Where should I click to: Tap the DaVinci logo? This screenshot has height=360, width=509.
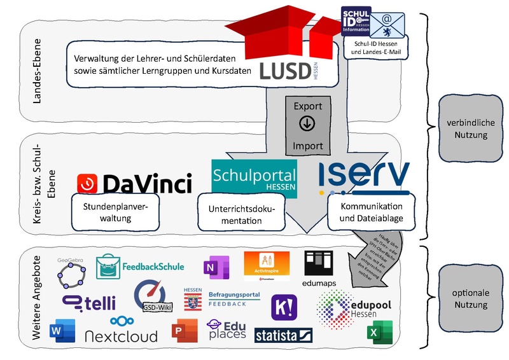point(134,183)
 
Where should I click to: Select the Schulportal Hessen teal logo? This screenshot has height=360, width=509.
point(254,178)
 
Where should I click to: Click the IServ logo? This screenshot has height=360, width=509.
point(363,177)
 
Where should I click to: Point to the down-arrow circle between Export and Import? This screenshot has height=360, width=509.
point(307,125)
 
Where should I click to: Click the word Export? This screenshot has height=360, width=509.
point(307,106)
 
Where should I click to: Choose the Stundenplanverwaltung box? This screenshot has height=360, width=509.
point(115,212)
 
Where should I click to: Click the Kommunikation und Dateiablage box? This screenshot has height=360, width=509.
point(371,213)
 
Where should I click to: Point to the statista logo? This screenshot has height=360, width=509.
point(283,335)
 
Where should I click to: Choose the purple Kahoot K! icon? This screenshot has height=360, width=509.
point(282,307)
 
